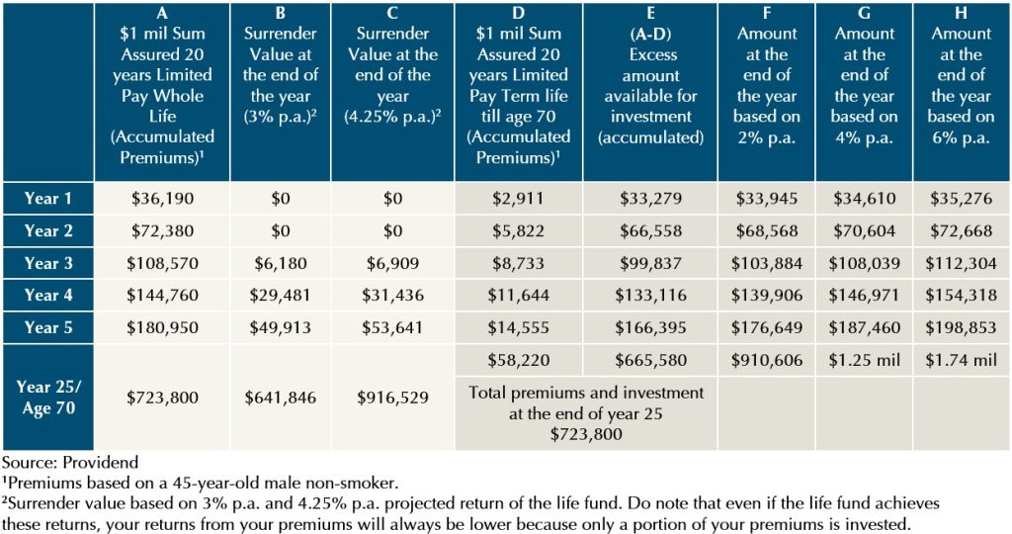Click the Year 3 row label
pyautogui.click(x=47, y=263)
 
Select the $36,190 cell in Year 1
pyautogui.click(x=163, y=199)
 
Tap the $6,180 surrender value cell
pyautogui.click(x=280, y=263)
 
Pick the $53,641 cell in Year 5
pyautogui.click(x=393, y=327)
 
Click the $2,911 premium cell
pyautogui.click(x=520, y=199)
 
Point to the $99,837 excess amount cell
pyautogui.click(x=650, y=263)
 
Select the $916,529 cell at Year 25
pyautogui.click(x=393, y=398)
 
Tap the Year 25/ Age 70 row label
pyautogui.click(x=47, y=398)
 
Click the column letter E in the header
pyautogui.click(x=650, y=14)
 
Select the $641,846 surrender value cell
pyautogui.click(x=280, y=398)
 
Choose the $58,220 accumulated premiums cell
pyautogui.click(x=520, y=360)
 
